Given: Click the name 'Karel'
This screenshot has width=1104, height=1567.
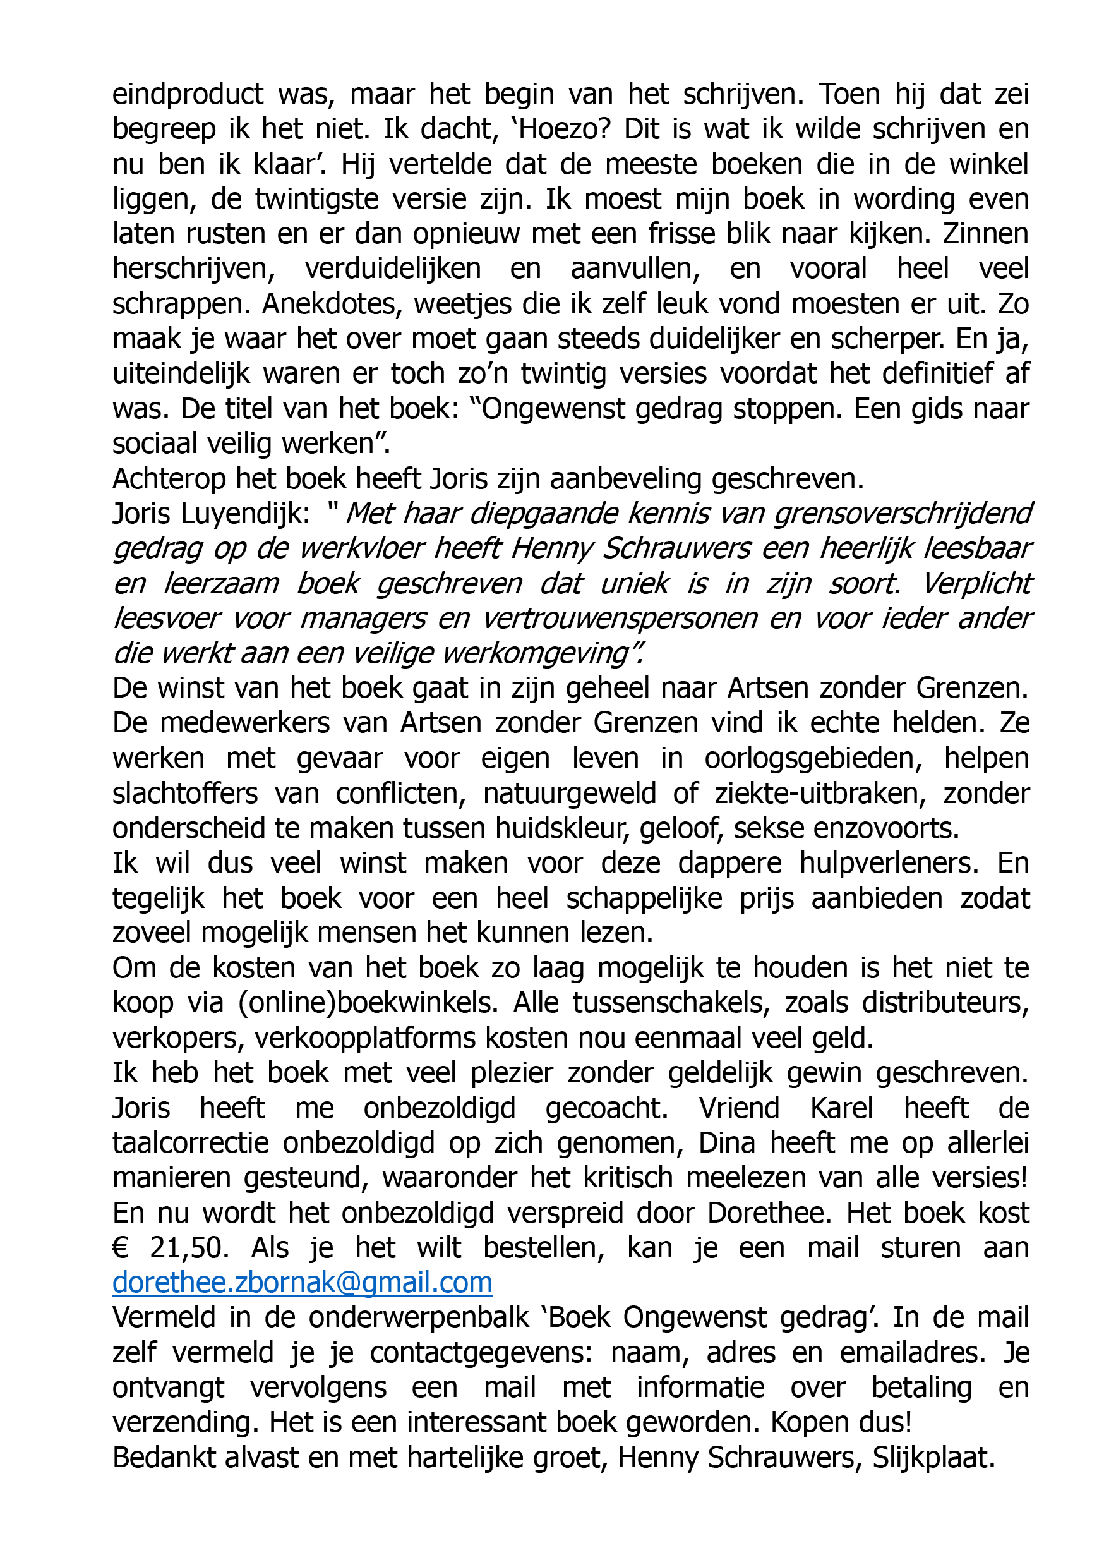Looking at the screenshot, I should coord(841,1108).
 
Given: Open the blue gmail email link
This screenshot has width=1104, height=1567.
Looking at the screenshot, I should coord(303,1283).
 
